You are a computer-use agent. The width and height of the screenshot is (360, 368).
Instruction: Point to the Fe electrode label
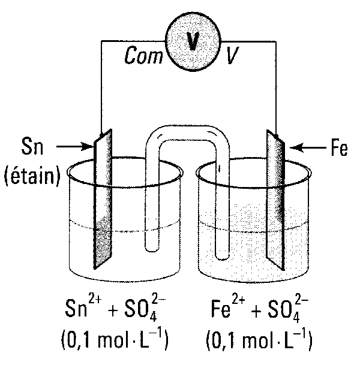click(x=338, y=148)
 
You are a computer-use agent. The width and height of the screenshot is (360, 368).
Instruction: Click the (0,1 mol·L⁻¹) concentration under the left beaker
click(x=113, y=343)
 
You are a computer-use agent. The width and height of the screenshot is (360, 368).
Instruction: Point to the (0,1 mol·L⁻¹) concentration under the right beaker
click(x=259, y=343)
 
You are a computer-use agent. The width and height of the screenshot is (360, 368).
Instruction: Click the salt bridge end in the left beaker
click(x=153, y=240)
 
